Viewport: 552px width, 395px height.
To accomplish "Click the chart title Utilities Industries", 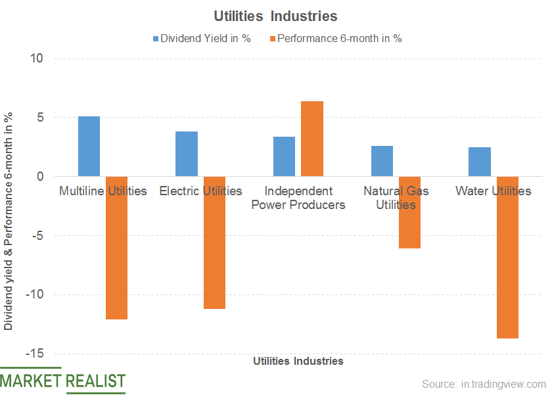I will point(275,15).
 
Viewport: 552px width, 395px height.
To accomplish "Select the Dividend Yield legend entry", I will point(202,38).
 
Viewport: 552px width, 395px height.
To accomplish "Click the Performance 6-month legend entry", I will point(339,38).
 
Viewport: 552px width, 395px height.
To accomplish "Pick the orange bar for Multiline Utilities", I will point(116,248).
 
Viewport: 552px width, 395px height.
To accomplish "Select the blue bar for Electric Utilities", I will point(187,154).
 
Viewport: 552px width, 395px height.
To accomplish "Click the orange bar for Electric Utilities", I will point(214,243).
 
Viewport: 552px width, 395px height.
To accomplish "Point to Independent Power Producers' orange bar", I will point(312,139).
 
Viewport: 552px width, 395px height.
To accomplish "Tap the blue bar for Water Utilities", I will point(480,162).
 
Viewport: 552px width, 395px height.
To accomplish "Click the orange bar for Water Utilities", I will point(507,257).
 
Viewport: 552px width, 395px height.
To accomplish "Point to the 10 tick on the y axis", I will point(35,58).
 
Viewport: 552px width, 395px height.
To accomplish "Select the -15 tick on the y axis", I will point(32,354).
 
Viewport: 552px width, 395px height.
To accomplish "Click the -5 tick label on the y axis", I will point(35,235).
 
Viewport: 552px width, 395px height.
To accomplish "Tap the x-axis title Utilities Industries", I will point(298,361).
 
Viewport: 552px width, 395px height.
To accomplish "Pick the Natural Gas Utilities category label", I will point(396,197).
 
